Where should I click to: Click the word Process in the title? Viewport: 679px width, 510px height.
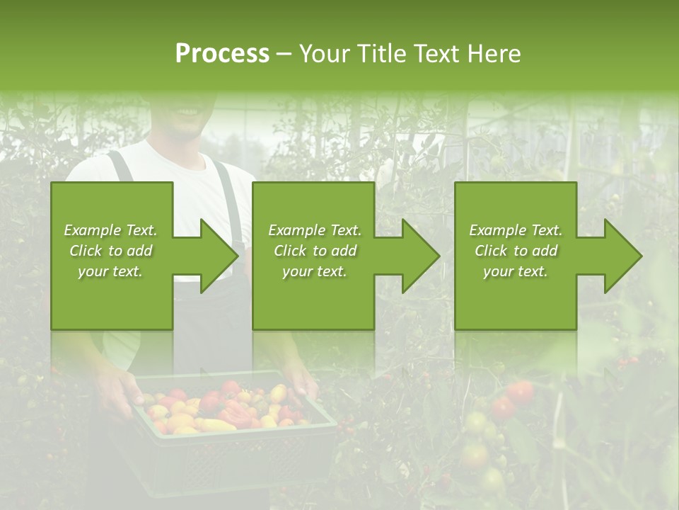tap(222, 54)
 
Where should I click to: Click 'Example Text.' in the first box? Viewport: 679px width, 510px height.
tap(110, 230)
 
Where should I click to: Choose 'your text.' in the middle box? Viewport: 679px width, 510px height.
tap(314, 272)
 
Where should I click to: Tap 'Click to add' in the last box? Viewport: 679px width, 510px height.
tap(516, 251)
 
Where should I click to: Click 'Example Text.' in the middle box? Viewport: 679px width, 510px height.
tap(314, 230)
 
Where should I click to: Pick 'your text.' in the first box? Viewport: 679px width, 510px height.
tap(110, 272)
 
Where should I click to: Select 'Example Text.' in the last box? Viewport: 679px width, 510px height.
tap(516, 230)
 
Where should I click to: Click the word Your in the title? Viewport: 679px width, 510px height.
tap(324, 54)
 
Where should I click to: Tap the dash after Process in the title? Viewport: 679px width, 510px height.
tap(284, 54)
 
